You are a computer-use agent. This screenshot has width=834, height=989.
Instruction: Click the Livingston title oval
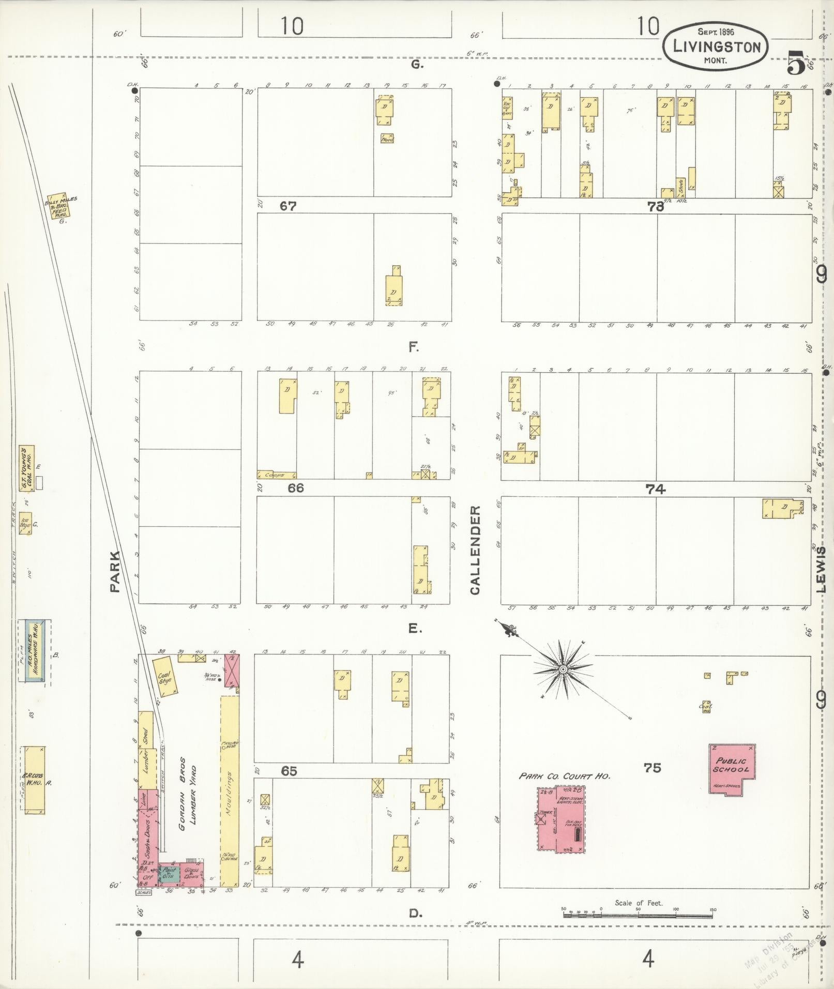716,47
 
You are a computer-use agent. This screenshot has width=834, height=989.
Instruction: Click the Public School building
731,769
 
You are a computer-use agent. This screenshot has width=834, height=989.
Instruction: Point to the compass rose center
563,670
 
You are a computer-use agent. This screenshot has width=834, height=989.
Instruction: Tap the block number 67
288,206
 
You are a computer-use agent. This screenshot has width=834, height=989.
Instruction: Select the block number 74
655,489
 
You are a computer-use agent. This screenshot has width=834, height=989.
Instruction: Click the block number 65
289,771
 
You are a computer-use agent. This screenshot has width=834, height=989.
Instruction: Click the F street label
414,347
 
